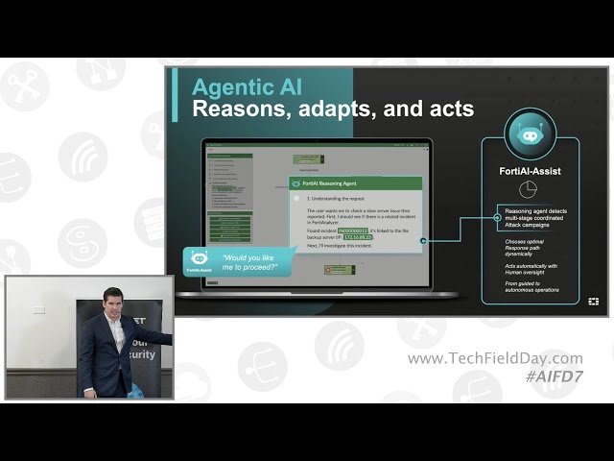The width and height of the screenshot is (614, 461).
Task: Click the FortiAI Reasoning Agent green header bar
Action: click(355, 182)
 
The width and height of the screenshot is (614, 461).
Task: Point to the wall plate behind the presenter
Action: click(38, 309)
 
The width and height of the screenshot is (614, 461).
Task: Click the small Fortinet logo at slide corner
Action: click(594, 302)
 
